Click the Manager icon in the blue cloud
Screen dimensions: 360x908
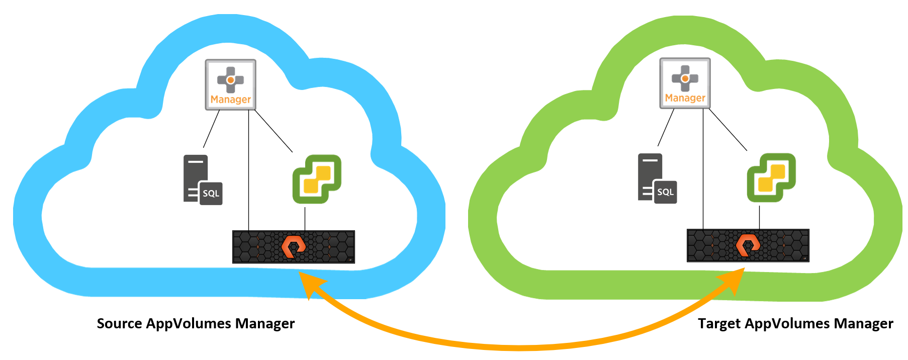[231, 84]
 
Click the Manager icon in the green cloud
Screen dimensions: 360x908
[685, 83]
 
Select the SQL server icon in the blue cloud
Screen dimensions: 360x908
[202, 179]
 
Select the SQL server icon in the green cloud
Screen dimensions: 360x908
[657, 178]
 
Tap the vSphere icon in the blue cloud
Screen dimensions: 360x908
[317, 179]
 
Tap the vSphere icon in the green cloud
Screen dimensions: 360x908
[771, 177]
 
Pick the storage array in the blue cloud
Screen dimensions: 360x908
[294, 246]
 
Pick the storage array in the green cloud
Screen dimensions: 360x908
[748, 245]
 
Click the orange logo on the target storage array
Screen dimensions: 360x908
[748, 245]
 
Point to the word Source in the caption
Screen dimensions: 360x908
[119, 323]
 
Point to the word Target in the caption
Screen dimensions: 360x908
[719, 324]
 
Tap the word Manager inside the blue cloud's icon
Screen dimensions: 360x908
[231, 100]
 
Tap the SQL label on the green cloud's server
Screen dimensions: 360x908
[665, 192]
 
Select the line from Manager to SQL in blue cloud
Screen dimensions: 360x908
[211, 129]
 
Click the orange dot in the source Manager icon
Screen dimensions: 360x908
[230, 80]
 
